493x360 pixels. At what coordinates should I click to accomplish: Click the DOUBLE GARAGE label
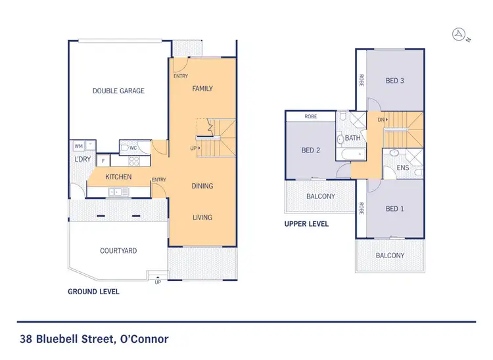(118, 91)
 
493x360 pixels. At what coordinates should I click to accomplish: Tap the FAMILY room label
(202, 89)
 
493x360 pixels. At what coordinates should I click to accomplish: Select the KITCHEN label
(118, 177)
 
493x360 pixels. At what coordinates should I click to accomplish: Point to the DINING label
(202, 186)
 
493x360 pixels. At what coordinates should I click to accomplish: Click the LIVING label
(202, 217)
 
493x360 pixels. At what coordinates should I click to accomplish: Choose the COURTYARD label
(118, 251)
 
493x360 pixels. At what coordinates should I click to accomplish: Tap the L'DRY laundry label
(82, 160)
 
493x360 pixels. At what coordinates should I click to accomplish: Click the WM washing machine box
(78, 146)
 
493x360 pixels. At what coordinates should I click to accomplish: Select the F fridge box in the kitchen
(103, 160)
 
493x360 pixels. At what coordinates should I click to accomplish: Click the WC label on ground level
(133, 148)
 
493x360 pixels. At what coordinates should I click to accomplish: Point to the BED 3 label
(394, 81)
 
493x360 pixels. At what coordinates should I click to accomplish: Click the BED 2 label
(310, 150)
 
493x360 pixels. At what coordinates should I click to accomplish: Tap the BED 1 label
(394, 209)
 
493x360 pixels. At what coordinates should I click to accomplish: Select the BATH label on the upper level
(353, 138)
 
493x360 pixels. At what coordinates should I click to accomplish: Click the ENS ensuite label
(404, 168)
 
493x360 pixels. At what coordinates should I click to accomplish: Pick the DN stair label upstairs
(381, 120)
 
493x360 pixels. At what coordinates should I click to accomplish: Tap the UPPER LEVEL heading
(306, 224)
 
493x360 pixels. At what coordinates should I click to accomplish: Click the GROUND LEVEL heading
(94, 291)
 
